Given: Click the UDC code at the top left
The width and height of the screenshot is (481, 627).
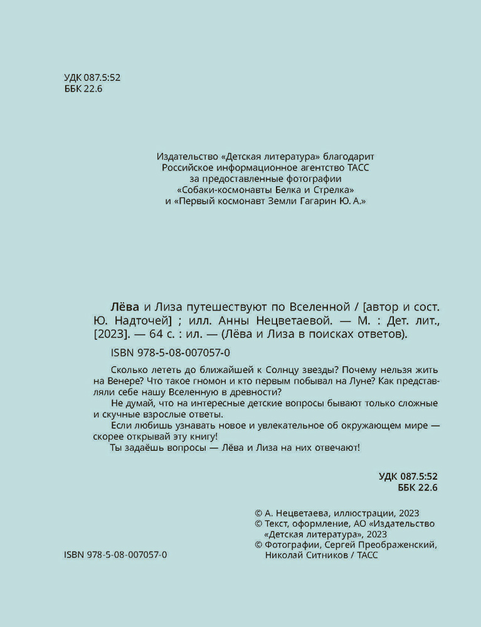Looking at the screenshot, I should pyautogui.click(x=92, y=78).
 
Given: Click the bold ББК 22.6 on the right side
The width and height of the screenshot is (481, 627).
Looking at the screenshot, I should pyautogui.click(x=417, y=488).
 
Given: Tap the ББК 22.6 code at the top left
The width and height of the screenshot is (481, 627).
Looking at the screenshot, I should pyautogui.click(x=83, y=89).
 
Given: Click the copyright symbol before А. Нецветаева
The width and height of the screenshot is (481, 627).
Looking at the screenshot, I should pyautogui.click(x=259, y=512).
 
